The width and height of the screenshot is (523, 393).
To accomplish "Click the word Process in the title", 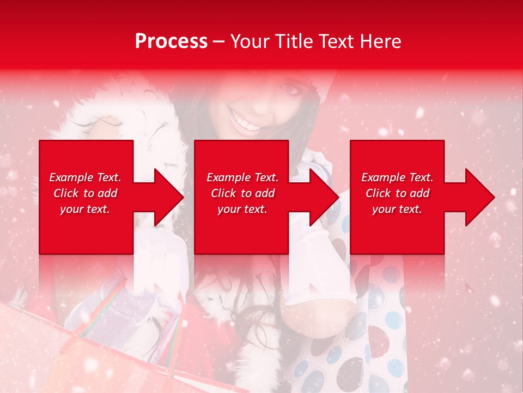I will click(171, 41).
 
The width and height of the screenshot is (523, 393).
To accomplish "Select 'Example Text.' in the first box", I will click(85, 177).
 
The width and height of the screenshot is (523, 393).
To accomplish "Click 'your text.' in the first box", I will click(85, 209).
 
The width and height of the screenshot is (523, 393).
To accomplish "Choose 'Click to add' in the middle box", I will click(242, 193).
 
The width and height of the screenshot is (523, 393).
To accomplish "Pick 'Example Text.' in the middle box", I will click(242, 177).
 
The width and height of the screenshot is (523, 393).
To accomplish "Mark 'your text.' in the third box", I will click(397, 209).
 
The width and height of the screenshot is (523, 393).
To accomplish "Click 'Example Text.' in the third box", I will click(397, 177).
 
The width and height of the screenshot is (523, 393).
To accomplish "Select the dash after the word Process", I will click(218, 42).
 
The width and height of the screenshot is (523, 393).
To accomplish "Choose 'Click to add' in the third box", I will click(397, 193).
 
